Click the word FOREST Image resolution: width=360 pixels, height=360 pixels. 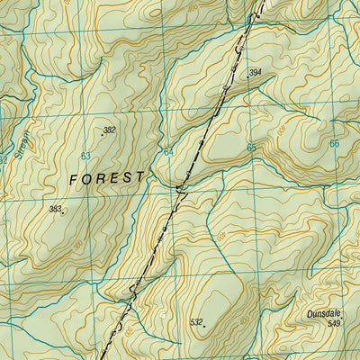106,178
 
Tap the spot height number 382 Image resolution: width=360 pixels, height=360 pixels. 110,130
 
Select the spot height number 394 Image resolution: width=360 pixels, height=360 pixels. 256,73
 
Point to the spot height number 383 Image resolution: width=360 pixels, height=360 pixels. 56,209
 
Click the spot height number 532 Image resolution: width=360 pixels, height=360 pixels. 196,321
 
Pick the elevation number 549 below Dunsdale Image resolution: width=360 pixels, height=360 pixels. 335,323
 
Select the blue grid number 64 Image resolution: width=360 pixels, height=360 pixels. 168,151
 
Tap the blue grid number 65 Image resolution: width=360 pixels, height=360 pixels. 251,148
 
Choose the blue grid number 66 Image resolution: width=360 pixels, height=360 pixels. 334,144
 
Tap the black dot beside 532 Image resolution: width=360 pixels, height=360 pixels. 204,319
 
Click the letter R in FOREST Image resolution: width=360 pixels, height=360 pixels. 100,178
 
